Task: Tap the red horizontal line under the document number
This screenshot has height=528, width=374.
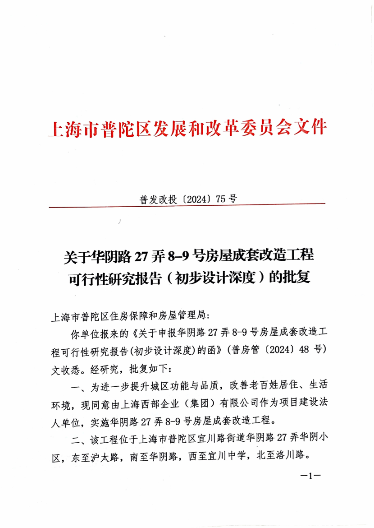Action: click(x=187, y=206)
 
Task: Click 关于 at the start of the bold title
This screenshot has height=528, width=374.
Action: click(x=75, y=256)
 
